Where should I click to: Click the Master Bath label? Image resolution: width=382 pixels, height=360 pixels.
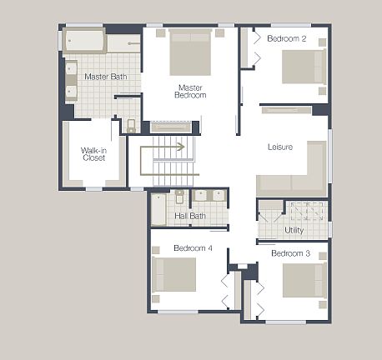click(x=106, y=77)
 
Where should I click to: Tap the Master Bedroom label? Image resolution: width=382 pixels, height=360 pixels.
click(x=190, y=91)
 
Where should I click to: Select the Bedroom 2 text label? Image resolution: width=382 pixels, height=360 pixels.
click(x=287, y=39)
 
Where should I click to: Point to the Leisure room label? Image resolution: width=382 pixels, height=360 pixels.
click(x=280, y=147)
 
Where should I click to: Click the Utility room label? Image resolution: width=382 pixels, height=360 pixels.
click(x=294, y=230)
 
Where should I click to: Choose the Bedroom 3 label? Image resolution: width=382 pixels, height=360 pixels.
click(x=291, y=253)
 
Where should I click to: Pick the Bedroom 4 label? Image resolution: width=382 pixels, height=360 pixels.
click(x=193, y=248)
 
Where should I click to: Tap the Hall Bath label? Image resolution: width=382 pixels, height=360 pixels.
click(x=190, y=217)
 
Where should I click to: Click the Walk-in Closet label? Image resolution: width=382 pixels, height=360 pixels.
click(x=93, y=154)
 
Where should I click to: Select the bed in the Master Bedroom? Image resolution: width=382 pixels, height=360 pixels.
click(x=190, y=52)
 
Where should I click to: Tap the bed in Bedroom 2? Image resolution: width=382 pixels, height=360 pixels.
click(x=302, y=67)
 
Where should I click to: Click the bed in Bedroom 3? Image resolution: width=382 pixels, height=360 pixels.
click(x=303, y=280)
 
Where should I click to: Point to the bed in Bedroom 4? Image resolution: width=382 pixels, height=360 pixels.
click(x=174, y=274)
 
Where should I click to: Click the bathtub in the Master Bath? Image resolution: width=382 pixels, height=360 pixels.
click(x=85, y=40)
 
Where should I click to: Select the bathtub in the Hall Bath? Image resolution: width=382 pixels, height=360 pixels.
click(x=158, y=209)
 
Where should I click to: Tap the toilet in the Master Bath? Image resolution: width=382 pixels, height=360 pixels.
click(x=131, y=126)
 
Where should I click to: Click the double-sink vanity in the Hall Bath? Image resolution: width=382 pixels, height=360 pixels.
click(x=209, y=196)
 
